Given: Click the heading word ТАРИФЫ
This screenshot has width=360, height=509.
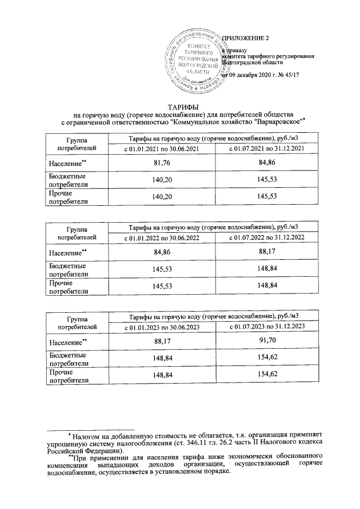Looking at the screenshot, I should click(181, 107).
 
